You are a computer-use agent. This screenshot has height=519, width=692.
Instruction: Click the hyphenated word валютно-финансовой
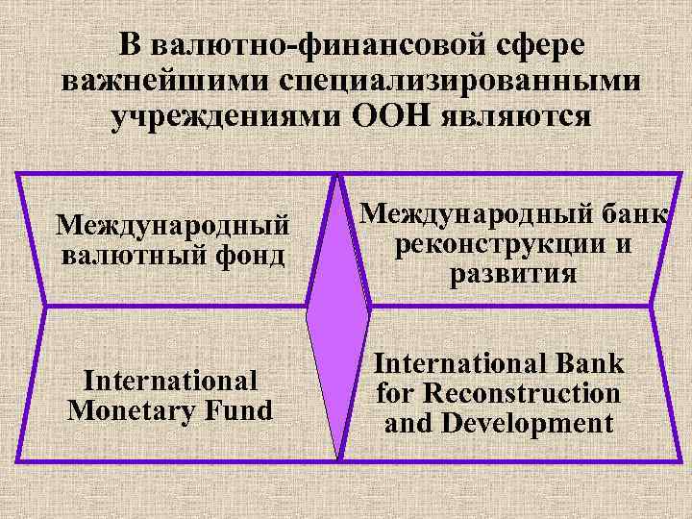(x=318, y=46)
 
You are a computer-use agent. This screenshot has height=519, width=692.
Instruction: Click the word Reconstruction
(x=526, y=394)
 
